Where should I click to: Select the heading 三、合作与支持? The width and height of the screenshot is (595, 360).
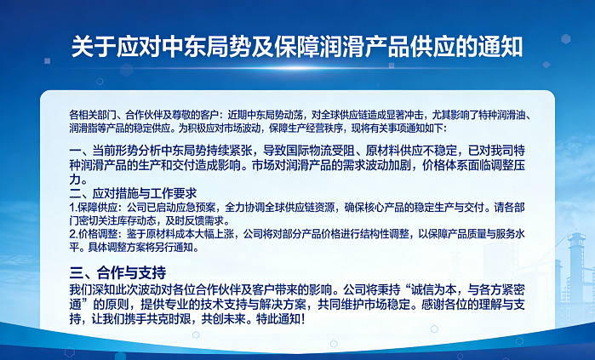pyautogui.click(x=117, y=272)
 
